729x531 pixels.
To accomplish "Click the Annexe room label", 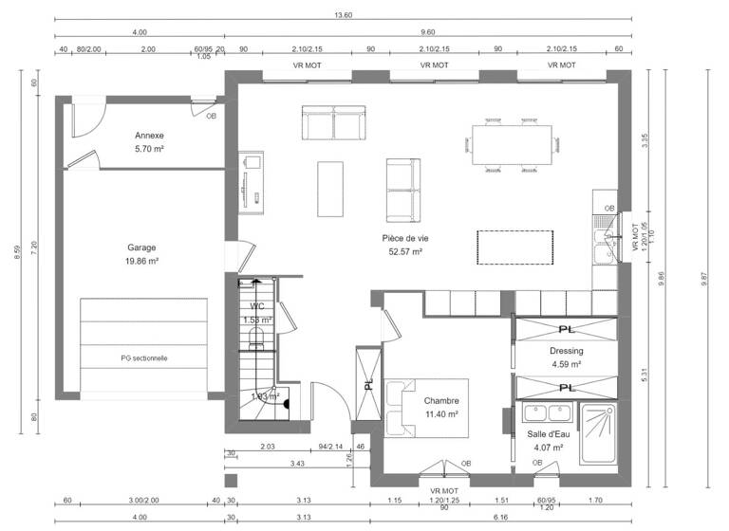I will click(x=150, y=136).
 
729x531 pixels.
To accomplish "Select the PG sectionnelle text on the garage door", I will click(x=144, y=358).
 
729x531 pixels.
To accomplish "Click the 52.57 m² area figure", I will click(x=402, y=252).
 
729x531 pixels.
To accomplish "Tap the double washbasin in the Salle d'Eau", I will click(x=547, y=414).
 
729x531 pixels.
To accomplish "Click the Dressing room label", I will click(x=566, y=351).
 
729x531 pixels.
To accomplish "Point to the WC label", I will click(x=257, y=307).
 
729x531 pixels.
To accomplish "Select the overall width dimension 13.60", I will click(x=344, y=14).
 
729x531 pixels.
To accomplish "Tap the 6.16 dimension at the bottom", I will click(x=500, y=518).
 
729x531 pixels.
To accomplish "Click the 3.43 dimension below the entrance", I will click(x=298, y=465).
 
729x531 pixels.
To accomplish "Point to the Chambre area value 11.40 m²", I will click(x=441, y=414).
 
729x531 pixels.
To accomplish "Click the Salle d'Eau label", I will click(x=548, y=434).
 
